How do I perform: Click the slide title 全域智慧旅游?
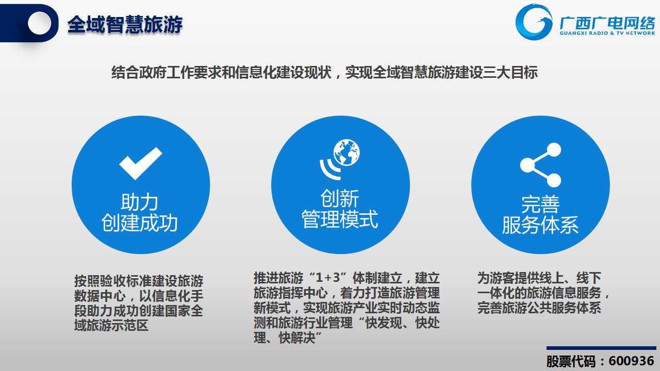[x=125, y=24]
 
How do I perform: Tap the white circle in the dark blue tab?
[x=39, y=23]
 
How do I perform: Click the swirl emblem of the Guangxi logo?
[x=534, y=22]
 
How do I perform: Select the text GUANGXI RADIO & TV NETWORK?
[x=607, y=33]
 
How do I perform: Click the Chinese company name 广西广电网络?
[x=607, y=23]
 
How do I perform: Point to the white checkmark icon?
[x=141, y=163]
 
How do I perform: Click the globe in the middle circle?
[x=346, y=153]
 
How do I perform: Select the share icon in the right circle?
[x=540, y=165]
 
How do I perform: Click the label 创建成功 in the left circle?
[x=140, y=223]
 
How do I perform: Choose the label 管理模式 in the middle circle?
[x=340, y=219]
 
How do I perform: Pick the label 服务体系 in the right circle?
[x=540, y=225]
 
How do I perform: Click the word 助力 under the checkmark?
[x=139, y=203]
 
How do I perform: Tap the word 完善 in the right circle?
[x=540, y=205]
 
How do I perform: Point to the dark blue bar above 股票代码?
[x=601, y=348]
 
